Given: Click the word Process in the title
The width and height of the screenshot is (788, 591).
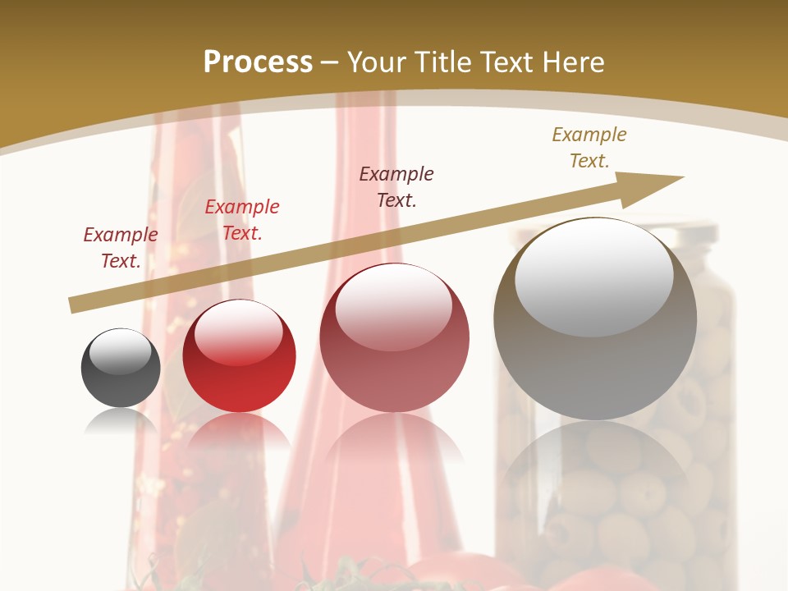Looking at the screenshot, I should tap(258, 62).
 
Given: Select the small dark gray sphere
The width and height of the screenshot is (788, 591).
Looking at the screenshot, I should tap(121, 368).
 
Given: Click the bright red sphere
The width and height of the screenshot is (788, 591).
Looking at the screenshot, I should tap(239, 356).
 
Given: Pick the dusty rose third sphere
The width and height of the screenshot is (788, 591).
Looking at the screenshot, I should tap(394, 338).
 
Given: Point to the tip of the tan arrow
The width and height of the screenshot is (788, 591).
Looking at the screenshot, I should tap(681, 177).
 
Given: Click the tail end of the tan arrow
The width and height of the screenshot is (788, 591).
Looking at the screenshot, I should tap(72, 305).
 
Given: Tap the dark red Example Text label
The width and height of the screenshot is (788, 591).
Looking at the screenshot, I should tap(121, 247).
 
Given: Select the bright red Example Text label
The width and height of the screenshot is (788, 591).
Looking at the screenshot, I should tap(242, 219).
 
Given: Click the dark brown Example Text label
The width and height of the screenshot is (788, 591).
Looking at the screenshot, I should tap(396, 186).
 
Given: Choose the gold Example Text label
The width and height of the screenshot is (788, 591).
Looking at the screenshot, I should tap(589, 147).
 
